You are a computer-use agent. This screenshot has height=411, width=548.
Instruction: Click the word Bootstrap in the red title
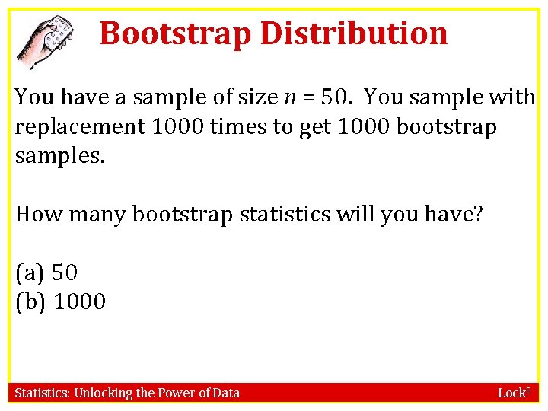point(175,33)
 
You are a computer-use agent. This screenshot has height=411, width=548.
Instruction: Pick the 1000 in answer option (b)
point(80,302)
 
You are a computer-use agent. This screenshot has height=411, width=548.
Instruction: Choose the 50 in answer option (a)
point(65,272)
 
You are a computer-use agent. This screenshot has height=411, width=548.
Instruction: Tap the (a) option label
point(30,272)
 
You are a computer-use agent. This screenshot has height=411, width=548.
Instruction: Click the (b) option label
point(30,302)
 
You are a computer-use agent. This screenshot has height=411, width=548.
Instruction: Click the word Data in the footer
point(226,393)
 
